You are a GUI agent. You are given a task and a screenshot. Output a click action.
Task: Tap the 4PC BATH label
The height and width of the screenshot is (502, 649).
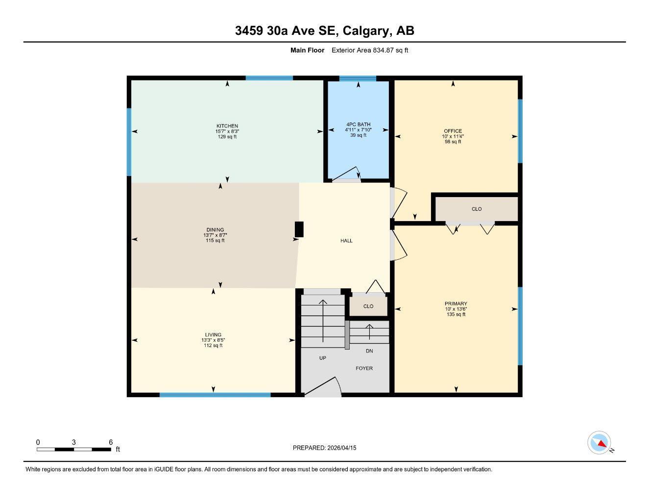coord(358,125)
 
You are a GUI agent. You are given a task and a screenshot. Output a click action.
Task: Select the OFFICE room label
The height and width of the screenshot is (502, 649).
coord(453,131)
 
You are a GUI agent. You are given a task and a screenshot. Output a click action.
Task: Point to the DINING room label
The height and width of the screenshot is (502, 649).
coord(215,230)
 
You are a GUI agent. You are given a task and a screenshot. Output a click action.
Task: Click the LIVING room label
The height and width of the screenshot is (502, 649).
coord(213,335)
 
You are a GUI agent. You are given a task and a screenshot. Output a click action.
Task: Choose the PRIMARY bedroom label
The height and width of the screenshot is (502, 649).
coord(456,304)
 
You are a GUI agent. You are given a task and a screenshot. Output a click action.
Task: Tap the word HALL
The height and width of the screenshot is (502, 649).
coord(346,241)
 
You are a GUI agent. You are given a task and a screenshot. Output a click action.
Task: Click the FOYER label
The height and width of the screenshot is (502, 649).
coord(364,368)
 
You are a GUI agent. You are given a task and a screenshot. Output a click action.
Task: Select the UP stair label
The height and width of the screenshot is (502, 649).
coord(322,358)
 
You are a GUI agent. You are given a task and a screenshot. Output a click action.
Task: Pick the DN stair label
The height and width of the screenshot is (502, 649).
coord(369,351)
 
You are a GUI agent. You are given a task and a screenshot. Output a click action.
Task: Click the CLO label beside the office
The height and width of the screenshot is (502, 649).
coord(476,209)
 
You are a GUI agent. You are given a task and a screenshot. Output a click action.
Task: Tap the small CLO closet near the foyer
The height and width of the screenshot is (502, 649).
coord(368,306)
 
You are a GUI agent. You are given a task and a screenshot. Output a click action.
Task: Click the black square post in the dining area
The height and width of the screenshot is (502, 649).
coord(299,229)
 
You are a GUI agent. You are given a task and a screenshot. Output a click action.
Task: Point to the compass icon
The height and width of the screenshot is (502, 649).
coord(599,443)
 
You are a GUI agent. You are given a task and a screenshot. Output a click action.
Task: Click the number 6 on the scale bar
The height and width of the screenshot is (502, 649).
coord(111,442)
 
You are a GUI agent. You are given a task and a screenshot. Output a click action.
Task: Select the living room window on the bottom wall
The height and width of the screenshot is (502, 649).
coord(215,395)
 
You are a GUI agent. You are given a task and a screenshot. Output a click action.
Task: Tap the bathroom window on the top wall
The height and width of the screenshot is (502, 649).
coord(358,78)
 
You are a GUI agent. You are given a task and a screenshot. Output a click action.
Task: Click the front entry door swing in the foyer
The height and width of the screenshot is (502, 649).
coord(323,387)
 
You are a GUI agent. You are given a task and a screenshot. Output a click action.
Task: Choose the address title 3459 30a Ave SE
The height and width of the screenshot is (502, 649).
coord(324,31)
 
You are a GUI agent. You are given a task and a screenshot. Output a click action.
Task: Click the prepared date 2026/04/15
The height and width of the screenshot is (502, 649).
coord(324,448)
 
